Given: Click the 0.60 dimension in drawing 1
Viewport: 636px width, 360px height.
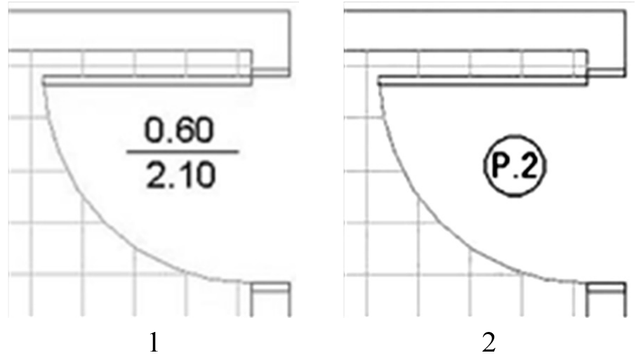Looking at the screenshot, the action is click(179, 130).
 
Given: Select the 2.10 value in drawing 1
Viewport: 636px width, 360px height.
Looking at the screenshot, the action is click(180, 176).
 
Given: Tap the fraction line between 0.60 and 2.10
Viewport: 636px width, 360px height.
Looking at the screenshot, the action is click(183, 152).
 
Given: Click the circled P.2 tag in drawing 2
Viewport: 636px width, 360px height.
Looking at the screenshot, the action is click(515, 166).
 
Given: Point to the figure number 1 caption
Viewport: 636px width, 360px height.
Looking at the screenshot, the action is click(154, 342).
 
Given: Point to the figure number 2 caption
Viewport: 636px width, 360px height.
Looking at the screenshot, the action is click(489, 342).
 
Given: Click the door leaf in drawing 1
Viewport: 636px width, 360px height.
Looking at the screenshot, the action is click(147, 80).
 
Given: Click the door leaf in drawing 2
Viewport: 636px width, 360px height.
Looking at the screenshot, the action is click(483, 80).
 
